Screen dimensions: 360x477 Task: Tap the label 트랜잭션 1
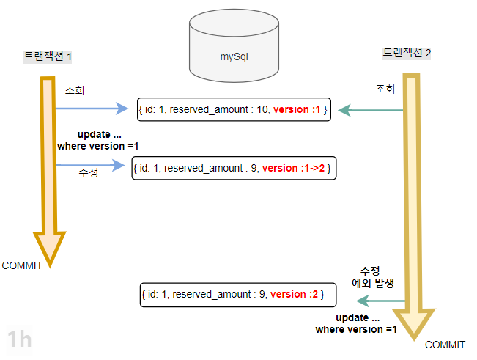pyautogui.click(x=48, y=56)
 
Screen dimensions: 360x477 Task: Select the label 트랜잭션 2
pyautogui.click(x=407, y=53)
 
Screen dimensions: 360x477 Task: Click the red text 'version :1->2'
pyautogui.click(x=296, y=168)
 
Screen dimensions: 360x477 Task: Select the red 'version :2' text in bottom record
pyautogui.click(x=293, y=294)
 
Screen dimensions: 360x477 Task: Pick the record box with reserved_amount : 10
pyautogui.click(x=232, y=110)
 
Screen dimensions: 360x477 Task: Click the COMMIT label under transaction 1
pyautogui.click(x=23, y=265)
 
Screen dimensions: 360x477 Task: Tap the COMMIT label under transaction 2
pyautogui.click(x=445, y=345)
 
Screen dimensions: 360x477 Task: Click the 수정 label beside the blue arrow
pyautogui.click(x=88, y=175)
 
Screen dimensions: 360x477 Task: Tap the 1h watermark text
pyautogui.click(x=19, y=339)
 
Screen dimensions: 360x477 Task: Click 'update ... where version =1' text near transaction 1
pyautogui.click(x=97, y=141)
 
